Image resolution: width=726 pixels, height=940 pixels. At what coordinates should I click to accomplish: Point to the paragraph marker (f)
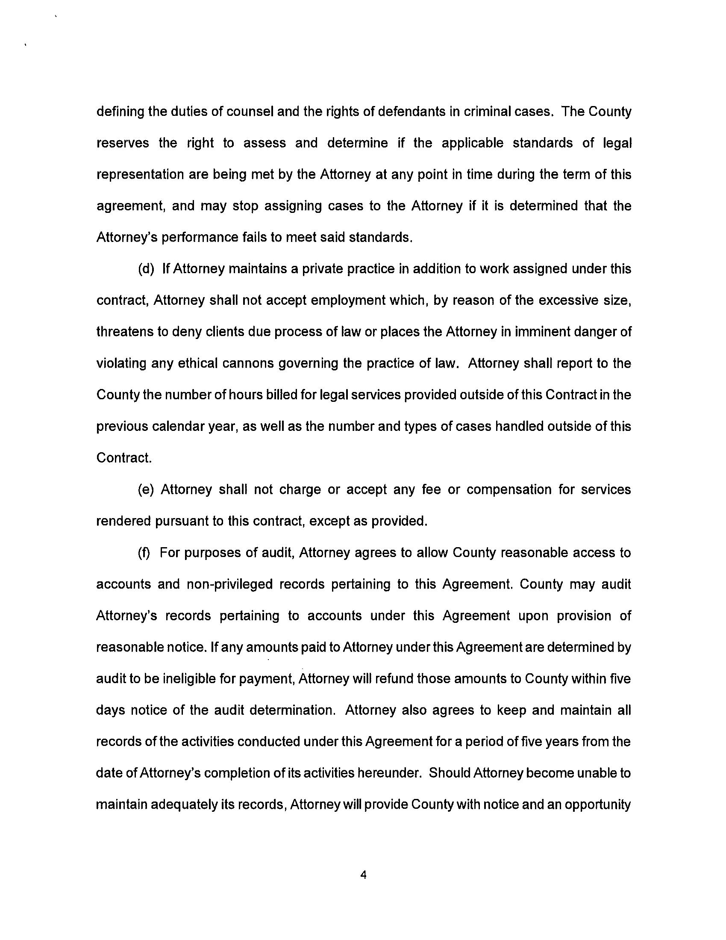(x=145, y=553)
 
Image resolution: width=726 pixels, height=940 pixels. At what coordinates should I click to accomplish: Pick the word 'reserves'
(x=123, y=143)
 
